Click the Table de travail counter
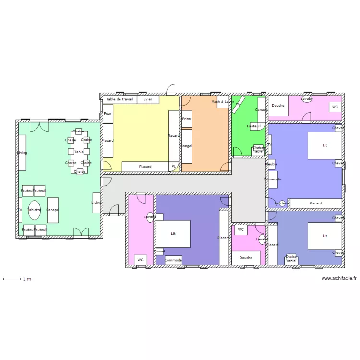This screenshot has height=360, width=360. [120, 99]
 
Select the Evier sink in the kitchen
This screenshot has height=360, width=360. [148, 99]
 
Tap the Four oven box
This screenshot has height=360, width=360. [108, 114]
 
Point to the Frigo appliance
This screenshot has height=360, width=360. [186, 118]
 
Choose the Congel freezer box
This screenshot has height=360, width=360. [186, 146]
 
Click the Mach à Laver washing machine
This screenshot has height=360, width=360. [223, 102]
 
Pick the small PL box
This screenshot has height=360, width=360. [174, 167]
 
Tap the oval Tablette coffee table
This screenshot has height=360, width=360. [34, 210]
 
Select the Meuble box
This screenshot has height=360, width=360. [271, 164]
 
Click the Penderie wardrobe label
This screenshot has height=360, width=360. [282, 203]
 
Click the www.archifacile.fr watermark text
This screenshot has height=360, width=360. [339, 278]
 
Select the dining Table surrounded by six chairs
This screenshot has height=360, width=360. [79, 152]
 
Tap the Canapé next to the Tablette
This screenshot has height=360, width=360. [52, 210]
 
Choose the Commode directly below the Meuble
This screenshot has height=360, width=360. [273, 180]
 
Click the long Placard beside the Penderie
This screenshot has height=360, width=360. [315, 203]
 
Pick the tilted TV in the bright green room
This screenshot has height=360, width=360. [239, 104]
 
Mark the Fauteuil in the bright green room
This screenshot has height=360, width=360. [254, 126]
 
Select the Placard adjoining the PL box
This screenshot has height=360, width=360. [145, 167]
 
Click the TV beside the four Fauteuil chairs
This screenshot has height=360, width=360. [20, 210]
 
